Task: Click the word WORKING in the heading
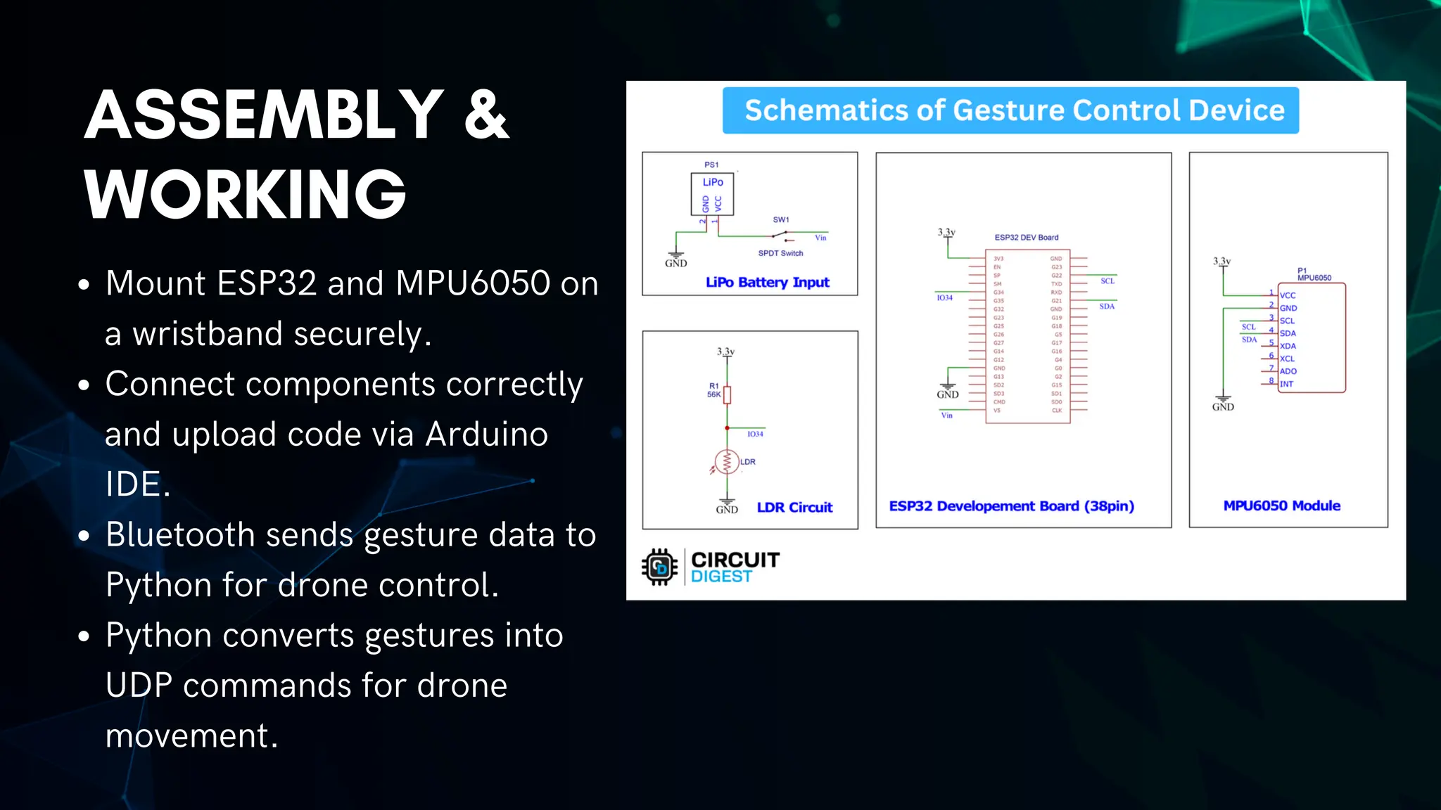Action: [x=245, y=194]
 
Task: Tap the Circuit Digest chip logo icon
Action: [x=659, y=567]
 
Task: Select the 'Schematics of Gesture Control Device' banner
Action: [x=1010, y=110]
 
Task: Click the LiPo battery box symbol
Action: [x=712, y=195]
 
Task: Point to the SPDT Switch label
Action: [x=780, y=253]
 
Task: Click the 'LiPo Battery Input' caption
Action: [x=767, y=282]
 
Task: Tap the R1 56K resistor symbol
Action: [x=727, y=394]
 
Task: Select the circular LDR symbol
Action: [x=727, y=462]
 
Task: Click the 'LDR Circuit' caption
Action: [x=794, y=507]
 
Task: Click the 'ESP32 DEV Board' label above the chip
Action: [x=1026, y=238]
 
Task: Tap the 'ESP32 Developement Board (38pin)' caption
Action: [x=1011, y=506]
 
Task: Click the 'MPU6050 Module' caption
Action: [x=1281, y=506]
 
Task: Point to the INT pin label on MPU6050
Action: [x=1286, y=384]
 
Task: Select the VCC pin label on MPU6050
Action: [x=1288, y=295]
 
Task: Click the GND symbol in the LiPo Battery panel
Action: [x=675, y=259]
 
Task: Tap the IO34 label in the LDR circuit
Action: [x=755, y=434]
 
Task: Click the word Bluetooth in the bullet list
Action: [x=180, y=534]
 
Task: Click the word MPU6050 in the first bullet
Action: [x=473, y=283]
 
